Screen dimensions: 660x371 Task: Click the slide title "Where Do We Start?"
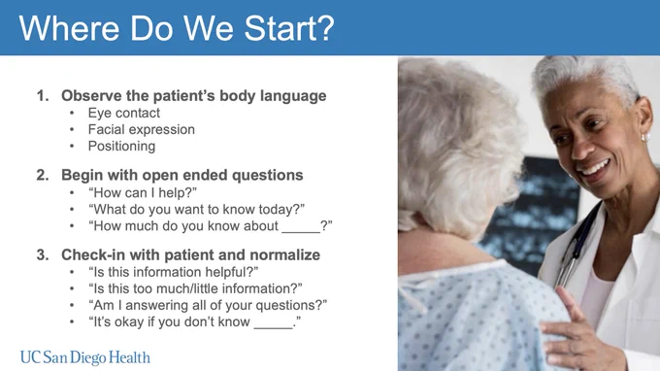click(x=177, y=28)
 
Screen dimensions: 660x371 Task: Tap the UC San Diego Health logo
click(x=85, y=357)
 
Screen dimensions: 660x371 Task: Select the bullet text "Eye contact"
click(x=124, y=113)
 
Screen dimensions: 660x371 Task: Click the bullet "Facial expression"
click(x=142, y=130)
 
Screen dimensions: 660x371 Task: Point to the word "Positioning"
click(x=121, y=146)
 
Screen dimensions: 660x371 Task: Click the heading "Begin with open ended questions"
click(x=182, y=175)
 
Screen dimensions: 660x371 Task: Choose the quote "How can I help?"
click(x=143, y=192)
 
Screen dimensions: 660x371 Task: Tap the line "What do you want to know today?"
click(x=196, y=209)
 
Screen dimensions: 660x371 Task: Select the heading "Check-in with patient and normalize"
click(x=190, y=254)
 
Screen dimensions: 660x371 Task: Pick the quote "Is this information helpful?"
click(x=173, y=272)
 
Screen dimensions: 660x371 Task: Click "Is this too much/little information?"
click(x=195, y=288)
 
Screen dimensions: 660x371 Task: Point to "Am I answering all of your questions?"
click(x=208, y=305)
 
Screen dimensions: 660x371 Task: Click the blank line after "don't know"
click(x=273, y=327)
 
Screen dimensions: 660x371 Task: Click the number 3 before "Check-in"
click(x=43, y=254)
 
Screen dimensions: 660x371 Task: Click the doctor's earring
click(x=644, y=138)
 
